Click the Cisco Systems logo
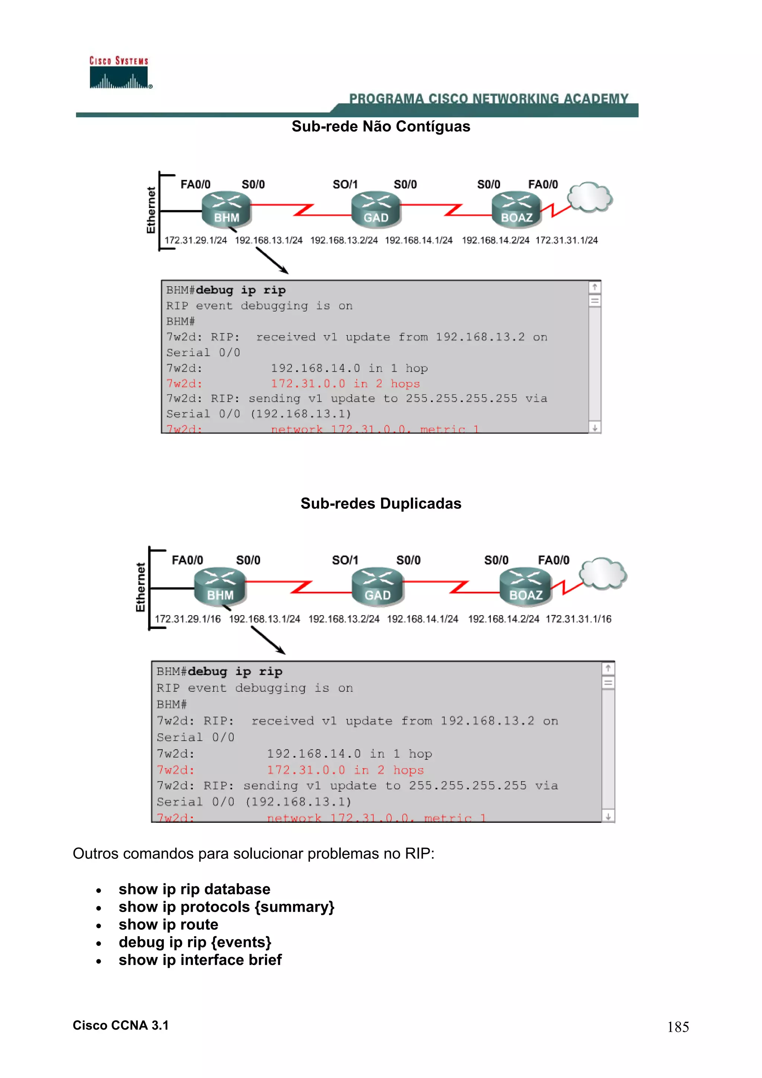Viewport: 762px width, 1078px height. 120,73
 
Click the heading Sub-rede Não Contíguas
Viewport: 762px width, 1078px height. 380,126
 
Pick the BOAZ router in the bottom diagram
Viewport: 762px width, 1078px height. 525,586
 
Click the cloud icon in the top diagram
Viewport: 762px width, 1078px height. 590,197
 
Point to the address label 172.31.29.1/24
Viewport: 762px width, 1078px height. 195,240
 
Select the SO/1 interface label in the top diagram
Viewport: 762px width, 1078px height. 345,185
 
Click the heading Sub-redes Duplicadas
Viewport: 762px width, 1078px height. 380,503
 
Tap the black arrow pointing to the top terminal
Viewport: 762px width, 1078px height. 272,261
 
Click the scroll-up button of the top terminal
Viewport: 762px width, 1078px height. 595,287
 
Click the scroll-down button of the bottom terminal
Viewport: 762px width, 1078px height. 608,817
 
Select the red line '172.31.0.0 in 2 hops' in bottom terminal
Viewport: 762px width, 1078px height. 345,770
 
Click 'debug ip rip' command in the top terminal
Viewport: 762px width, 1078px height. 240,290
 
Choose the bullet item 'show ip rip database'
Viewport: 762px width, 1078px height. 194,889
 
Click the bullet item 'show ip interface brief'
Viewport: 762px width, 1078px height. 200,960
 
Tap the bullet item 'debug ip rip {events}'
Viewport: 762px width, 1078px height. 195,942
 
